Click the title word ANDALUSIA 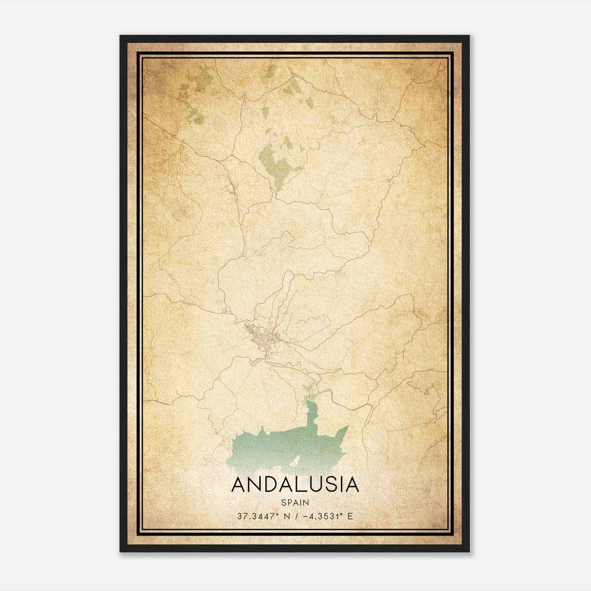[x=295, y=485]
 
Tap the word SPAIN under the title [x=295, y=503]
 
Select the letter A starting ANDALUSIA [x=239, y=485]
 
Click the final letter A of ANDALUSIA [x=351, y=485]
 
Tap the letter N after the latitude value [x=286, y=516]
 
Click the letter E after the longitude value [x=350, y=516]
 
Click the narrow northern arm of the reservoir [x=311, y=412]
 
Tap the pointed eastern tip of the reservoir [x=347, y=427]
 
